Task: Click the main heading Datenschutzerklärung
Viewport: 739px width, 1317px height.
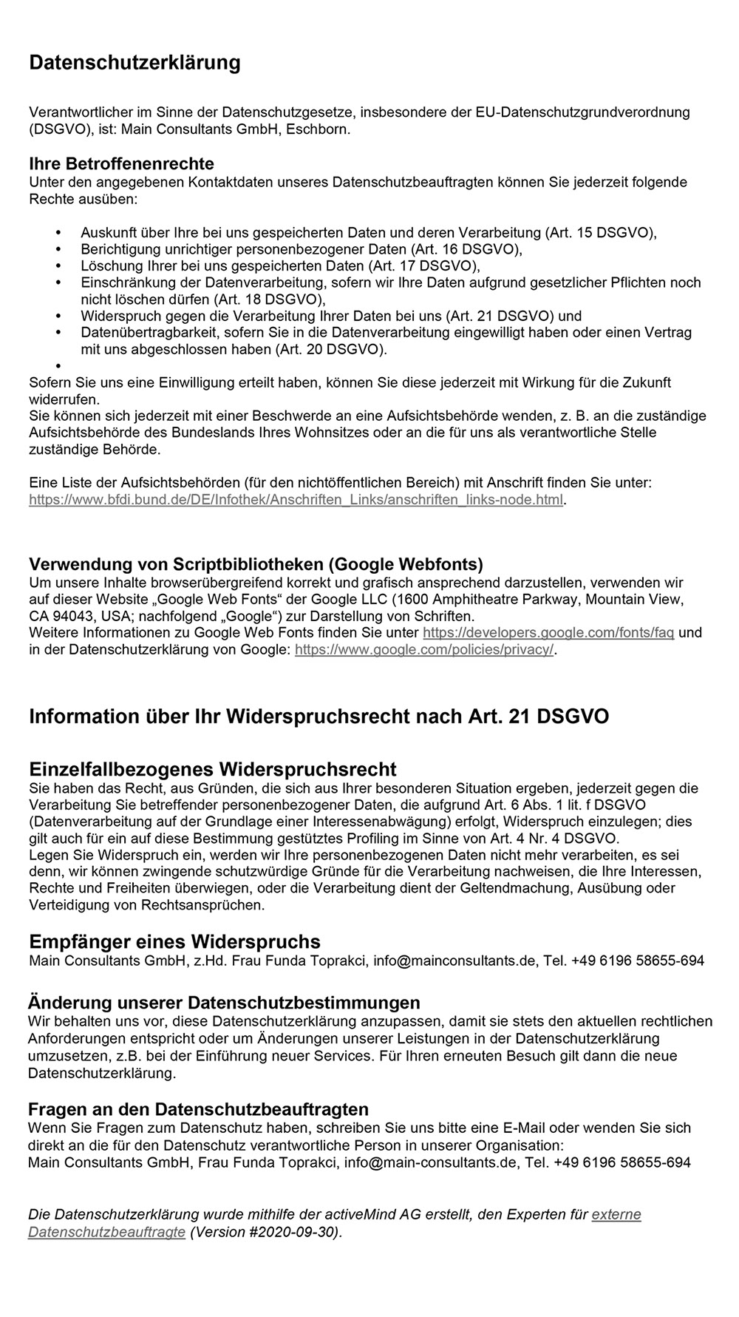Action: (134, 63)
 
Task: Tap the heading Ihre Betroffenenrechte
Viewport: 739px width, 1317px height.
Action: (121, 163)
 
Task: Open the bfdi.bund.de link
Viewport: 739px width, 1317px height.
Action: (296, 500)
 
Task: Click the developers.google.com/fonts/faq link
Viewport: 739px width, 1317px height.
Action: (548, 633)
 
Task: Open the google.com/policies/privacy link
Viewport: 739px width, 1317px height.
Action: (423, 650)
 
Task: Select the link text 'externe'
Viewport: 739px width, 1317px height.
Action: (616, 1214)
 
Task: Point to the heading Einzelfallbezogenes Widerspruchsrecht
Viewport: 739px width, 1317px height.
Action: (212, 769)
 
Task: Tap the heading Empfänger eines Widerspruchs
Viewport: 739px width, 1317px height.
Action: (174, 942)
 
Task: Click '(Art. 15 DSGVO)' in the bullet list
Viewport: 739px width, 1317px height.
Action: (600, 233)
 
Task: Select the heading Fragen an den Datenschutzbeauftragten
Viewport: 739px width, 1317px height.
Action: (198, 1109)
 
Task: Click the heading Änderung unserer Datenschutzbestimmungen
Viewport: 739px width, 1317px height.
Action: (224, 1003)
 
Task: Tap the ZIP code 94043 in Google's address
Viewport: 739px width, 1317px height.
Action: (71, 616)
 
